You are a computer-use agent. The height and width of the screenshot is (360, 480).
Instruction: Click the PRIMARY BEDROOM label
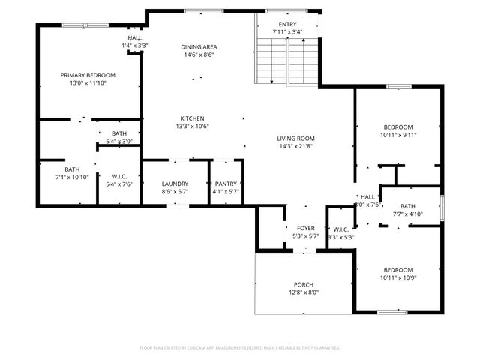coord(88,75)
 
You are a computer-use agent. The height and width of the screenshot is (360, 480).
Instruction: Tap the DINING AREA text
coord(199,46)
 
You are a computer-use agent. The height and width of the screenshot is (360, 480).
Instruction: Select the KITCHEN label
coord(192,118)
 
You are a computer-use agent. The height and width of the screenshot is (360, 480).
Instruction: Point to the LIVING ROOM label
coord(295,139)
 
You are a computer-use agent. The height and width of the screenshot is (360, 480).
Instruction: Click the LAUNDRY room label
coord(175,184)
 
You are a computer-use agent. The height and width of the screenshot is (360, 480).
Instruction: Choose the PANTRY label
coord(226,184)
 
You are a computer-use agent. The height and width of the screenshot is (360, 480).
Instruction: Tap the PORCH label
coord(304,284)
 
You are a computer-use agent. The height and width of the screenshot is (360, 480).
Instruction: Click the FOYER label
coord(305,228)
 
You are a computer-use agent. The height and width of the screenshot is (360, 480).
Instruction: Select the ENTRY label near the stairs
coord(287,25)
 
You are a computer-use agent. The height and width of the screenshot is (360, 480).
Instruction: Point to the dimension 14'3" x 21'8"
coord(295,147)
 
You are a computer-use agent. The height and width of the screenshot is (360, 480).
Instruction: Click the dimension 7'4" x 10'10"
coord(72,178)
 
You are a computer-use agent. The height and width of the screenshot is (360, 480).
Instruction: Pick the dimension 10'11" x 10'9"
coord(398,278)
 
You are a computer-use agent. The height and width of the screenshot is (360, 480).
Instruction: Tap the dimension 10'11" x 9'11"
coord(398,136)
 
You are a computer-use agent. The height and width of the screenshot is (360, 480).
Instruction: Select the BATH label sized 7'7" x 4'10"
coord(408,206)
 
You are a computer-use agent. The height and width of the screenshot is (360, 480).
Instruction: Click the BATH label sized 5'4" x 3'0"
coord(119,133)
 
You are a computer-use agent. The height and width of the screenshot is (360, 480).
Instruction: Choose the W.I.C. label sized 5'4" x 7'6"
coord(119,176)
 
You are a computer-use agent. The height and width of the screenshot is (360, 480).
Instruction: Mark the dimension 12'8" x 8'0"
coord(304,292)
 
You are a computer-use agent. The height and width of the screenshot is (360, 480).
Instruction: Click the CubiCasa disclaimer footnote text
coord(240,347)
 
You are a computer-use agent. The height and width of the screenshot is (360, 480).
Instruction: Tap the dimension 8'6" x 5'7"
coord(175,192)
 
